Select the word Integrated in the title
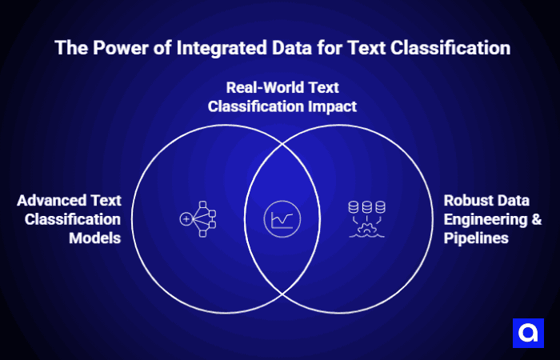coord(208,48)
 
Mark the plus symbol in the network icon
coord(186,218)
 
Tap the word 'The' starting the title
coord(70,48)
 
